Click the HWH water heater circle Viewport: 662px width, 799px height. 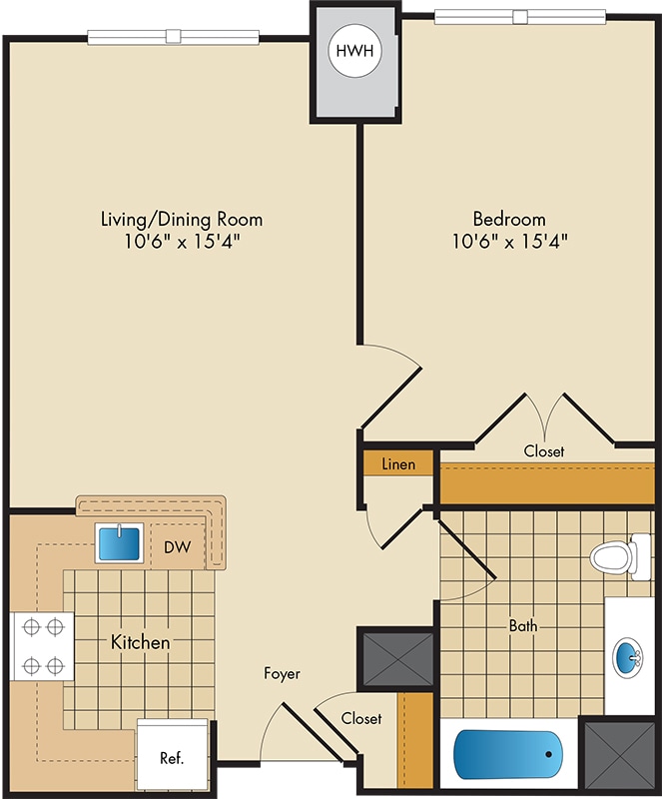tap(354, 51)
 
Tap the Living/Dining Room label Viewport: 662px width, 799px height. tap(182, 219)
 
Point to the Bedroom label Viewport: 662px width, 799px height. tap(509, 219)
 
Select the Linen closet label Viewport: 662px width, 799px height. tap(398, 464)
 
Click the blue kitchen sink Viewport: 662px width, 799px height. tap(119, 543)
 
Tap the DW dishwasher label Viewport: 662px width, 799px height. tap(178, 547)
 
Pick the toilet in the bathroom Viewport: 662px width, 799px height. tap(620, 556)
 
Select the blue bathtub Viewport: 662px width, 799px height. tap(508, 755)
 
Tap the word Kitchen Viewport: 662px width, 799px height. tap(140, 642)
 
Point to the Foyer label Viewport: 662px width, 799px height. tap(282, 673)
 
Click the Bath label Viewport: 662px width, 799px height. tap(523, 625)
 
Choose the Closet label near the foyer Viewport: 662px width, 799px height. tap(361, 718)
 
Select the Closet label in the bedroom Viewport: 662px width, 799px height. tap(544, 451)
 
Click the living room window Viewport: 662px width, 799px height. tap(174, 37)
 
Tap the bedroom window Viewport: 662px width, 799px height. tap(520, 17)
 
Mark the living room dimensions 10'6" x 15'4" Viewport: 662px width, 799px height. tap(182, 241)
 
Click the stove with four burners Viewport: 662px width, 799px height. tap(43, 646)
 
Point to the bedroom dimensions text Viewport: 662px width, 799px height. tap(509, 241)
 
